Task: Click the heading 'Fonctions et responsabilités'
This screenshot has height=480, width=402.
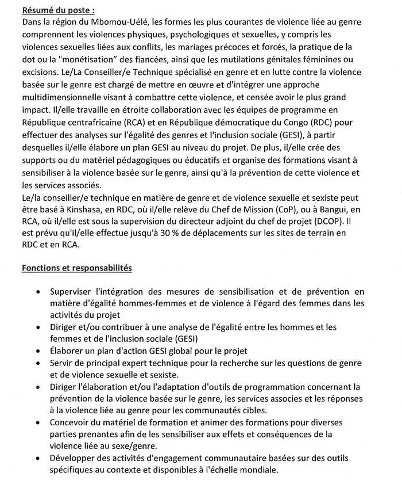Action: coord(76,268)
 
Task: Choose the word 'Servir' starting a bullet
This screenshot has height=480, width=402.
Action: coord(62,363)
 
